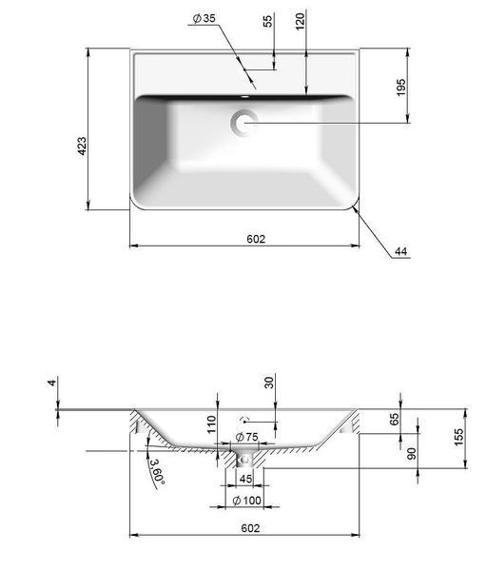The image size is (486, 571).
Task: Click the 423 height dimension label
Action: pyautogui.click(x=83, y=146)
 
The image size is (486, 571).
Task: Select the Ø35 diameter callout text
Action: pyautogui.click(x=204, y=18)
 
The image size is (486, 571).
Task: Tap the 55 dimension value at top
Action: pyautogui.click(x=267, y=21)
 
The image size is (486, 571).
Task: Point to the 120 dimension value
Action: pyautogui.click(x=300, y=22)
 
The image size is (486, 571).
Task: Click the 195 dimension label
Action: pyautogui.click(x=400, y=87)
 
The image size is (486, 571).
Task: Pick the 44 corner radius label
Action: pyautogui.click(x=400, y=251)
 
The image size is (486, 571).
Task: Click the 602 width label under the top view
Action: pyautogui.click(x=256, y=239)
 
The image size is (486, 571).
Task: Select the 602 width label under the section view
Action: pyautogui.click(x=250, y=528)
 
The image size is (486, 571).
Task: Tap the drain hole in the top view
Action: pyautogui.click(x=243, y=123)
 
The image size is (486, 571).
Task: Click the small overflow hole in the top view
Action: pyautogui.click(x=245, y=97)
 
